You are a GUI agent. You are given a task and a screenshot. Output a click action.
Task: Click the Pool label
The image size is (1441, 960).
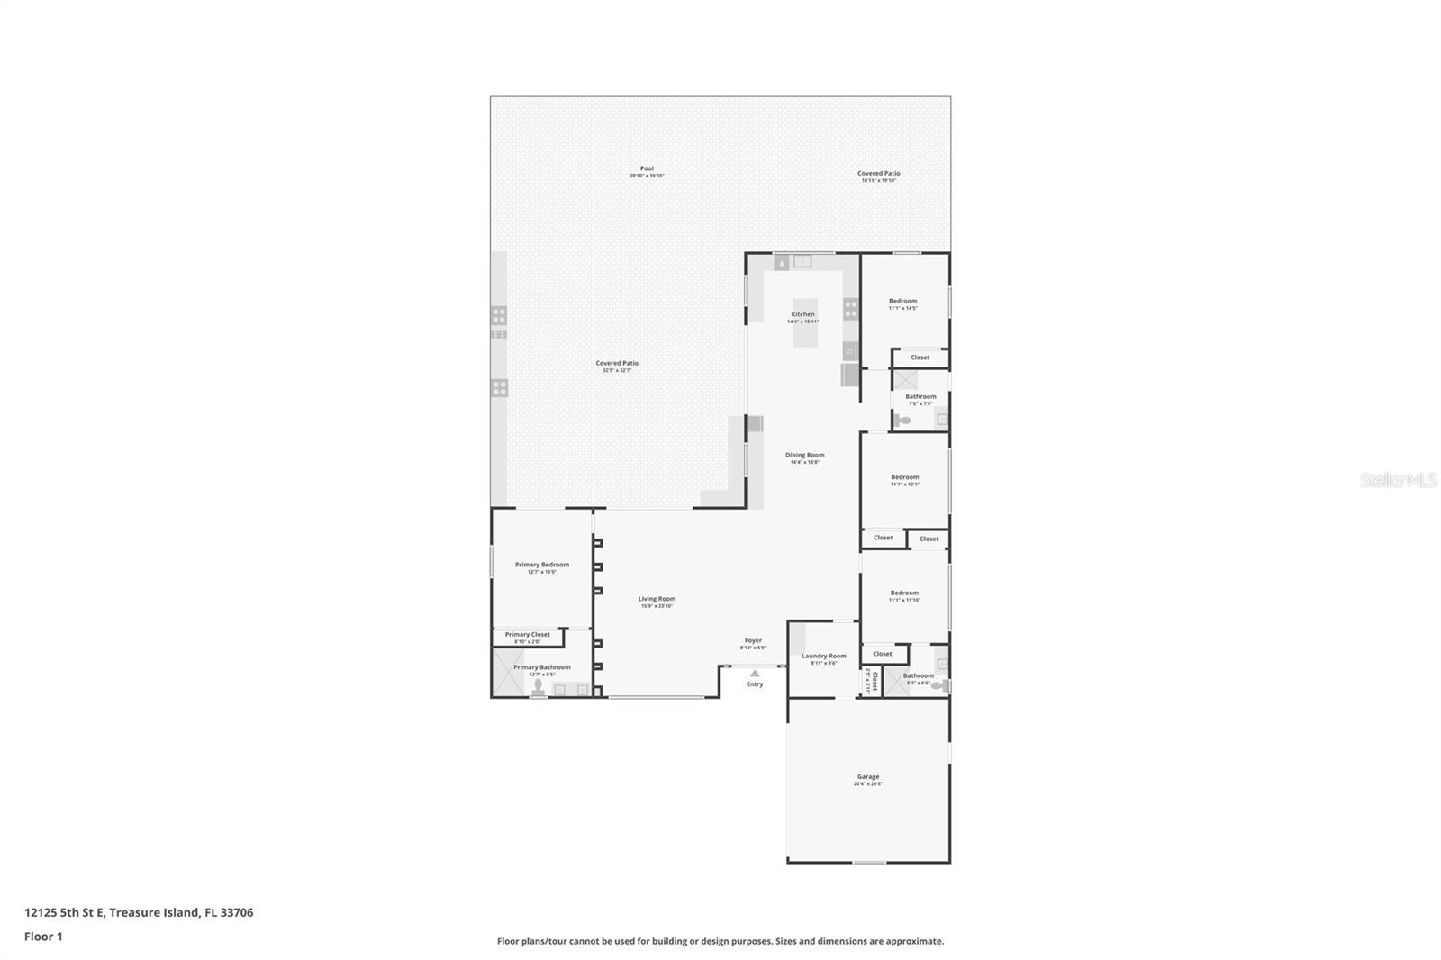647,169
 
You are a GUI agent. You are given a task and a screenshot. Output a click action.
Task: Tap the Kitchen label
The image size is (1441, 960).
802,315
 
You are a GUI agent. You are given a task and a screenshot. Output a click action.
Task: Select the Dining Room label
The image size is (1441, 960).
804,456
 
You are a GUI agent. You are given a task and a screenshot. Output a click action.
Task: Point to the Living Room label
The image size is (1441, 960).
657,600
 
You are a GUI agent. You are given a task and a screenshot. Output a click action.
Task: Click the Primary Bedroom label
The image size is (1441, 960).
542,566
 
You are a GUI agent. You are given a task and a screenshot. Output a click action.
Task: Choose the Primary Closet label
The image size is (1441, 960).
527,635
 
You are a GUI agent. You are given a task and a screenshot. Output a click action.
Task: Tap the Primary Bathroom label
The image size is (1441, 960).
542,668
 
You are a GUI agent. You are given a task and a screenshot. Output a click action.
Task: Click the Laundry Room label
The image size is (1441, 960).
824,657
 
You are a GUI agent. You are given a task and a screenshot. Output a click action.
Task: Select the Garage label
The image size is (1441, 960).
868,777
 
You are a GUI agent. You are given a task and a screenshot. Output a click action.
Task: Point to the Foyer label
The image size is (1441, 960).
753,641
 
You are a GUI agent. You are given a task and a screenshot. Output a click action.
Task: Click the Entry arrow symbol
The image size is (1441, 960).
755,674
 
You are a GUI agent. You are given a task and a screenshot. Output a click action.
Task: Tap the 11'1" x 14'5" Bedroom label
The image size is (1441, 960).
903,302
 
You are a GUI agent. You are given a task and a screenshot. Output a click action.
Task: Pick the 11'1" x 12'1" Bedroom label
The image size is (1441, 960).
905,478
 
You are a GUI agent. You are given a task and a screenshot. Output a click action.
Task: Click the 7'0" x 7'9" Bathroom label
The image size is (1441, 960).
920,397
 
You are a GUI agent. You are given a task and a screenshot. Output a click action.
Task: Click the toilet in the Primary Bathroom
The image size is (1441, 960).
538,689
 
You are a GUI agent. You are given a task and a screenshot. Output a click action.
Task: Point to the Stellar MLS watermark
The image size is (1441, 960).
1398,480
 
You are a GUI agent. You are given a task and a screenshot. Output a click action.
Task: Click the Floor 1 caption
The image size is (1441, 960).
43,937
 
